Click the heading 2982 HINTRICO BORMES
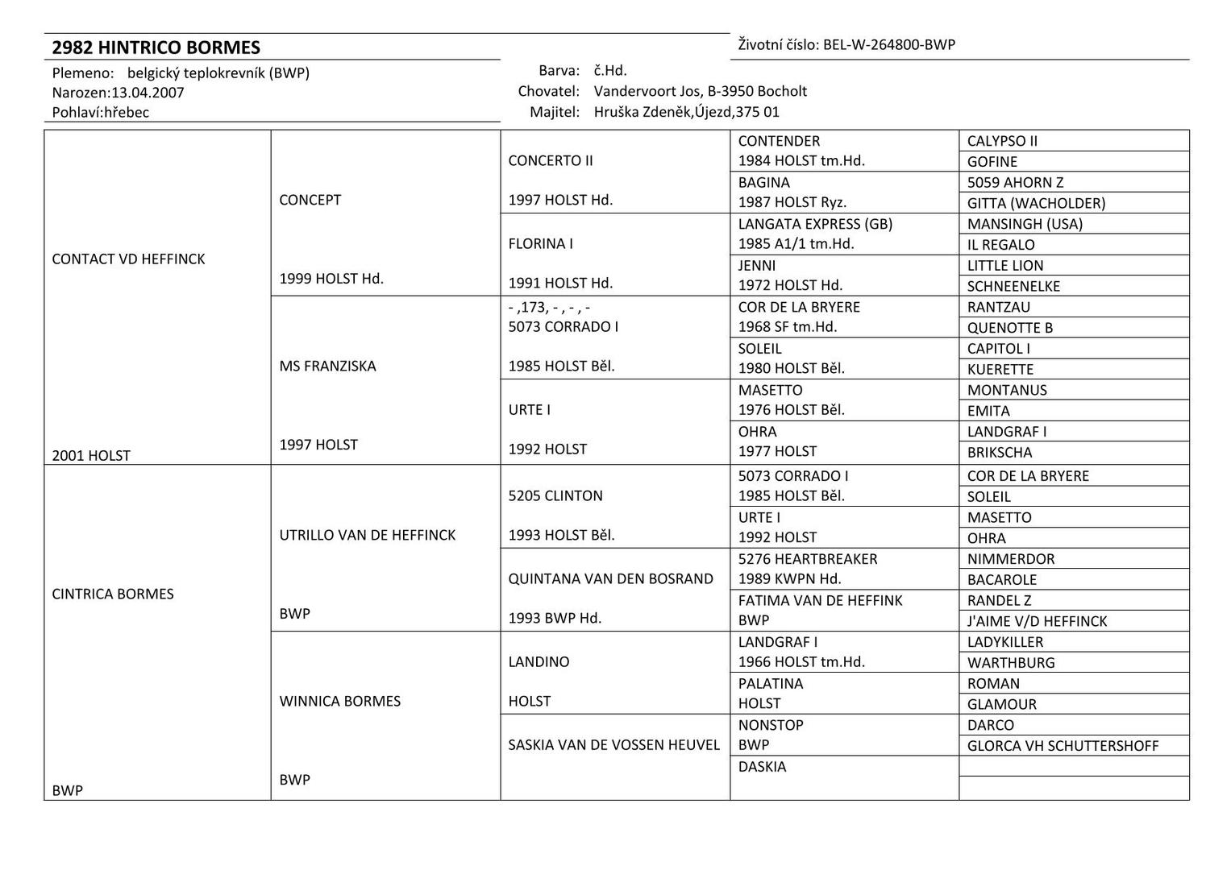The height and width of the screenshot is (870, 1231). [x=156, y=48]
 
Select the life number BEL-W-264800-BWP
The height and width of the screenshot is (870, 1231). [x=888, y=45]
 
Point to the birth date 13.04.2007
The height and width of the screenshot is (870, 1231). [x=148, y=93]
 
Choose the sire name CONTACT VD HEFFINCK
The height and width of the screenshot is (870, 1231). [x=128, y=259]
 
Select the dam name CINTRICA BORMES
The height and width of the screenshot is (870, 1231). [x=112, y=594]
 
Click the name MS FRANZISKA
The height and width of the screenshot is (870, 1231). [x=327, y=366]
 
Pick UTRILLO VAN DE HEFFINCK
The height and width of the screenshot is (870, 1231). [x=367, y=535]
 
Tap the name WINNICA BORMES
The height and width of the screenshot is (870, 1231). [x=339, y=701]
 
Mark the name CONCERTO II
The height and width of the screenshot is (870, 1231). [x=550, y=160]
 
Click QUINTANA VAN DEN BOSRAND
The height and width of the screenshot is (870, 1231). [x=610, y=578]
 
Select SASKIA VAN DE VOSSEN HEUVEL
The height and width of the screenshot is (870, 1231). [x=613, y=745]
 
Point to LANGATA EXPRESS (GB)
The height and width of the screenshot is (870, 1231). [x=815, y=224]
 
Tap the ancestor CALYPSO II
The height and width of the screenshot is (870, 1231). [x=1002, y=141]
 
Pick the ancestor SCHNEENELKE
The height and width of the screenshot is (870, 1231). [x=1013, y=286]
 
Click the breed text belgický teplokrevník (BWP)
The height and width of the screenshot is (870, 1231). [x=218, y=73]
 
